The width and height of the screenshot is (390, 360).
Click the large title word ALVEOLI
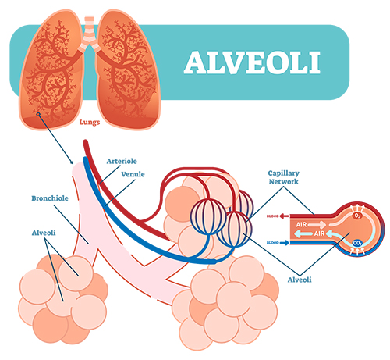pos(252,62)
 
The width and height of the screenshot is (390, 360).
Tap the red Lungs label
pos(90,122)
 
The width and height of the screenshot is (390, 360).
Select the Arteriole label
pos(122,161)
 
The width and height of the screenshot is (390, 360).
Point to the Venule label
pos(133,174)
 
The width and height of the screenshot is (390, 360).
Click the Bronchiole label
pos(50,198)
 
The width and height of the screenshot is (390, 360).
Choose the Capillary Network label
pos(284,177)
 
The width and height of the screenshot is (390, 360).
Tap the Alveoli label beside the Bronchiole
pos(44,233)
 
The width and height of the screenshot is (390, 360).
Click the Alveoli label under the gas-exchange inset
pos(300,280)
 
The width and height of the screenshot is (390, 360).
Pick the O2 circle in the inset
pos(357,216)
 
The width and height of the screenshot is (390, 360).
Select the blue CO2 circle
pos(357,243)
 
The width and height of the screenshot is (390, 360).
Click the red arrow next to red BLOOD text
pos(285,216)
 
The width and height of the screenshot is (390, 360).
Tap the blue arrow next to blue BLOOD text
pos(285,243)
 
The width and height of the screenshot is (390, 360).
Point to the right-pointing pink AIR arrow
pos(317,225)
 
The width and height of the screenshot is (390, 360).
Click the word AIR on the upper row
pos(302,224)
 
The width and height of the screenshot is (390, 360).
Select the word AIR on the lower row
pos(319,233)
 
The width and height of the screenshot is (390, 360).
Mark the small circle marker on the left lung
pos(38,114)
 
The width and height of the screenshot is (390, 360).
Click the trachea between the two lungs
pos(89,29)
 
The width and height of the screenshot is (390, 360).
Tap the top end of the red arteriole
pos(85,141)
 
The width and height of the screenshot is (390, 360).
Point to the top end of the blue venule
pos(85,159)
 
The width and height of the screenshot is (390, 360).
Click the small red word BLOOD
pos(273,216)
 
